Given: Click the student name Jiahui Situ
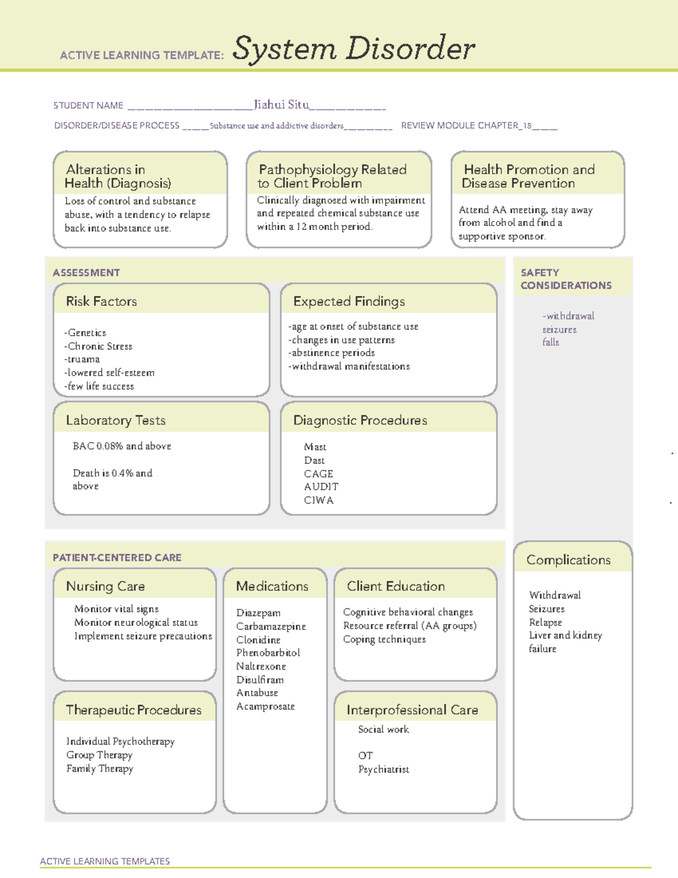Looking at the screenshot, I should point(281,105).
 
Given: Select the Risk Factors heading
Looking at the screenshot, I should point(102,301).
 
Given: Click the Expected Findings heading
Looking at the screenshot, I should point(349,301).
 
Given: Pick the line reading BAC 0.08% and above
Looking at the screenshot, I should point(122,446).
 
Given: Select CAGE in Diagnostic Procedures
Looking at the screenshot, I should point(319,474).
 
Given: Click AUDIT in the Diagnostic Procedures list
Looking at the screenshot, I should point(321,487).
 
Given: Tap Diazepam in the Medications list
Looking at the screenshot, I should point(258,613).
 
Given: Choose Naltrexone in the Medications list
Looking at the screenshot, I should point(261,666).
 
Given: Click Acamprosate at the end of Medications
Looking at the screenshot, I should point(266,706).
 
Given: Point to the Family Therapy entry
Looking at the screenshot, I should point(100,768).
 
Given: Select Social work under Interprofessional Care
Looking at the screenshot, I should point(384,729).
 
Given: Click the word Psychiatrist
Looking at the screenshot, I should point(384,769).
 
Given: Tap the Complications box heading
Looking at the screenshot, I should point(568,560).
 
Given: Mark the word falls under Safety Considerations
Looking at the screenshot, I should point(551,342).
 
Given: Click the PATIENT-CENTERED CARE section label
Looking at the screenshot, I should point(117,557).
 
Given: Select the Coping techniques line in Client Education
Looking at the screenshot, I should point(385,639).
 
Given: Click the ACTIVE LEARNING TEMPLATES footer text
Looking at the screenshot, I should point(105,861).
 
